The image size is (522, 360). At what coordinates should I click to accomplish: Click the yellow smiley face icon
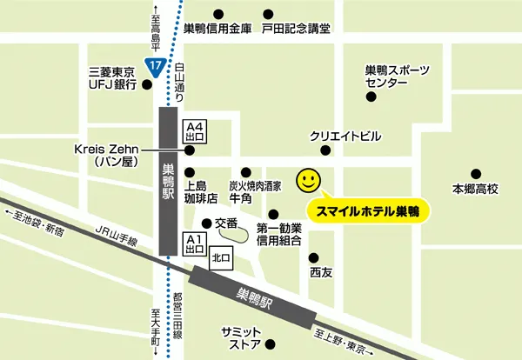308,180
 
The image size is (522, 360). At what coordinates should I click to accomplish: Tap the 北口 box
222,257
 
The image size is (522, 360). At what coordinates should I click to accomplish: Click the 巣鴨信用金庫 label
217,29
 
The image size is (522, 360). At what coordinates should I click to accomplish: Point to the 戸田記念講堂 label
297,29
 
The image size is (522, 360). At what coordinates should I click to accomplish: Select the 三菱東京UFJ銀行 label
108,77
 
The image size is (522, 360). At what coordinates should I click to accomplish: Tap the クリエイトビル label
345,137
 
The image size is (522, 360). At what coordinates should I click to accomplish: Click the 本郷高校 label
474,189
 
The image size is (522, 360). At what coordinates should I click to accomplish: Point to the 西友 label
321,271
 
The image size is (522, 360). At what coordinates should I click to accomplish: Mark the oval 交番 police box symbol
231,231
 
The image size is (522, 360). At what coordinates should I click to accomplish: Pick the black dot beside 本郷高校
475,172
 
